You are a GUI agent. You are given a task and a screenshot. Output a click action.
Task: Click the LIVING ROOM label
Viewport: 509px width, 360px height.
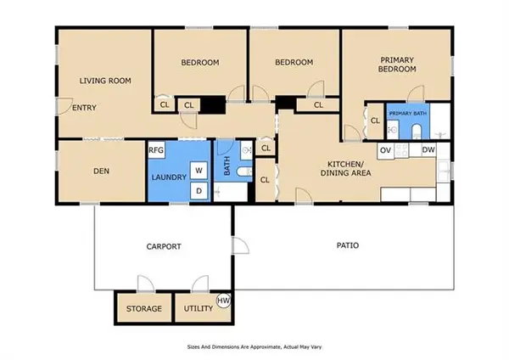105,81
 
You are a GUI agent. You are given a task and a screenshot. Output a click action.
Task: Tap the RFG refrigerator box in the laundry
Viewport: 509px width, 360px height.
156,150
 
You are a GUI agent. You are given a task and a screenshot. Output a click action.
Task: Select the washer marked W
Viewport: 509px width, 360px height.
199,170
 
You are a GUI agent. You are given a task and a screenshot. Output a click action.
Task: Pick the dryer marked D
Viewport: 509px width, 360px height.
199,191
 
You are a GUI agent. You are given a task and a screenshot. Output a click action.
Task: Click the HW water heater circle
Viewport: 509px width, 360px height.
223,301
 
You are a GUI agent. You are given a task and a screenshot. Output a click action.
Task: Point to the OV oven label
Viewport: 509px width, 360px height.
385,150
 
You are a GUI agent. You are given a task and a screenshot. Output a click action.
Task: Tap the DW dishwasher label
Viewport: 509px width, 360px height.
428,149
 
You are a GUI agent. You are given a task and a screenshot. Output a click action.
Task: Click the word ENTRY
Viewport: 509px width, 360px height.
84,108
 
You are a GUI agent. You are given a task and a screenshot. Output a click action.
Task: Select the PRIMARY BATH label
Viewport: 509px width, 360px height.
408,114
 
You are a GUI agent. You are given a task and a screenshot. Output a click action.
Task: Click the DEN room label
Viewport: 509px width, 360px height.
101,171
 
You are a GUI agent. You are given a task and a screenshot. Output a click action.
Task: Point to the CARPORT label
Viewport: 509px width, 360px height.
164,246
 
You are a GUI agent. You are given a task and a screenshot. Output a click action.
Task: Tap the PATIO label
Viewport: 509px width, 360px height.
348,245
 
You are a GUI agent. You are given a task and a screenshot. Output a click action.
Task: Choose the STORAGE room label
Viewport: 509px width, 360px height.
144,308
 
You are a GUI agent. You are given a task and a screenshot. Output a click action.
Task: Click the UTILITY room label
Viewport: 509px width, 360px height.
199,308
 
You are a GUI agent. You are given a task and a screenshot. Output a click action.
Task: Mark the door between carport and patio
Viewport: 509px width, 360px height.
241,245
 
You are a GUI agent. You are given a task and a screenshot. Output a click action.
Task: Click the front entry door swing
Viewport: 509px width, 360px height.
65,106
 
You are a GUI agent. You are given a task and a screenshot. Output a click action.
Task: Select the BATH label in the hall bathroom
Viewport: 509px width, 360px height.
227,166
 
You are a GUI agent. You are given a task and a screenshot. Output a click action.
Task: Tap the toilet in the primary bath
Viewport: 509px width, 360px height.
416,132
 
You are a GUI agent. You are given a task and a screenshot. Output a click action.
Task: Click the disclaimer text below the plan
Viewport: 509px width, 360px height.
255,347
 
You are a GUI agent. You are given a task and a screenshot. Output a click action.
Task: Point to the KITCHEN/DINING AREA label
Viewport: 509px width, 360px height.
346,168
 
